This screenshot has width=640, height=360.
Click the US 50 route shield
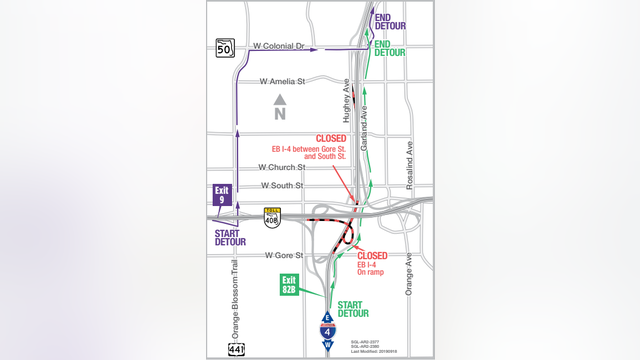(x=224, y=46)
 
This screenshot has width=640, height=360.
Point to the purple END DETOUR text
(x=389, y=23)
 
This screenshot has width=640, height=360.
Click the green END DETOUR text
(x=389, y=48)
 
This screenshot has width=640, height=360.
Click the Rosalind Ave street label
(x=410, y=160)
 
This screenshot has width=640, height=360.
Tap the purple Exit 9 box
(x=222, y=195)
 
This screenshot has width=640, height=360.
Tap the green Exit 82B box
(x=290, y=284)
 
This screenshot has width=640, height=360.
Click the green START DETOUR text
(x=353, y=308)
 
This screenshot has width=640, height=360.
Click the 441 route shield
(x=236, y=348)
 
